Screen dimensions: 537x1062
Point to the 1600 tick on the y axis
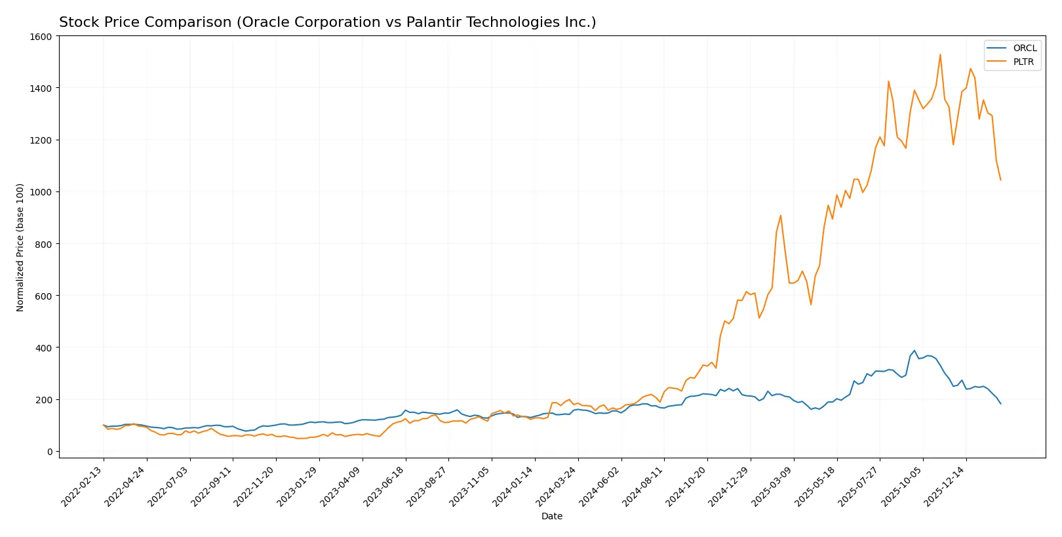[41, 37]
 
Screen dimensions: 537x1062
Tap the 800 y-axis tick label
[43, 244]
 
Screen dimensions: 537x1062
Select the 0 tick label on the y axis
[49, 452]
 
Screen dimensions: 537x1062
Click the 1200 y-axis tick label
[41, 140]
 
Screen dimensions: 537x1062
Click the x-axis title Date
[551, 517]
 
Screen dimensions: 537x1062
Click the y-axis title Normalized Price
[20, 247]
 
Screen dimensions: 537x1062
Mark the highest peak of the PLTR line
[940, 54]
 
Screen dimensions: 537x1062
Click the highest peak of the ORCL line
[914, 351]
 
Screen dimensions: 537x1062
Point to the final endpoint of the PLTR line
[1000, 180]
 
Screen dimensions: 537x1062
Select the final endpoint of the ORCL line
[1000, 404]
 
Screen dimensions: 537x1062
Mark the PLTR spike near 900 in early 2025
[781, 216]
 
